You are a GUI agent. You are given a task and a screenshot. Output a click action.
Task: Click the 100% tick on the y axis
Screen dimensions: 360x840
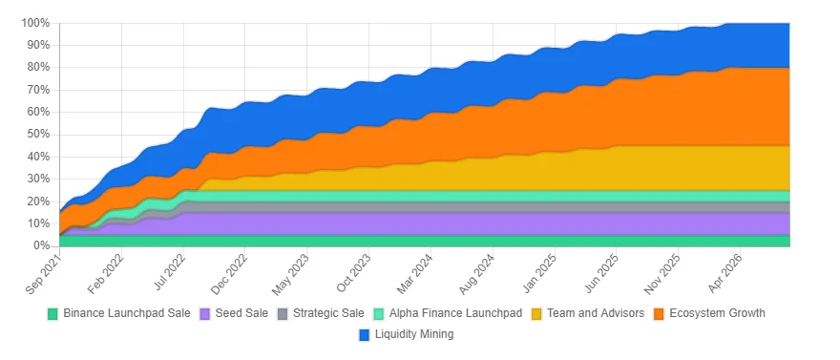point(35,23)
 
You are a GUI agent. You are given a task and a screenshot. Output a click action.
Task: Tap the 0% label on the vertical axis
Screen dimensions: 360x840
point(41,246)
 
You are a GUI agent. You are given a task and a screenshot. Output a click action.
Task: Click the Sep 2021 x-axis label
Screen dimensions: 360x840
point(42,267)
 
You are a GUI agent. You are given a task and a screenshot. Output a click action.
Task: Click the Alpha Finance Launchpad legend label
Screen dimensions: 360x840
point(455,313)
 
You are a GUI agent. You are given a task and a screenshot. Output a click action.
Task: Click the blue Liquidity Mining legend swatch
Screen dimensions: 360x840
point(365,334)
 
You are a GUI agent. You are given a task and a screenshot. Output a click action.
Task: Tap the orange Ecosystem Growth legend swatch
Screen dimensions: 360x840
point(659,313)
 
